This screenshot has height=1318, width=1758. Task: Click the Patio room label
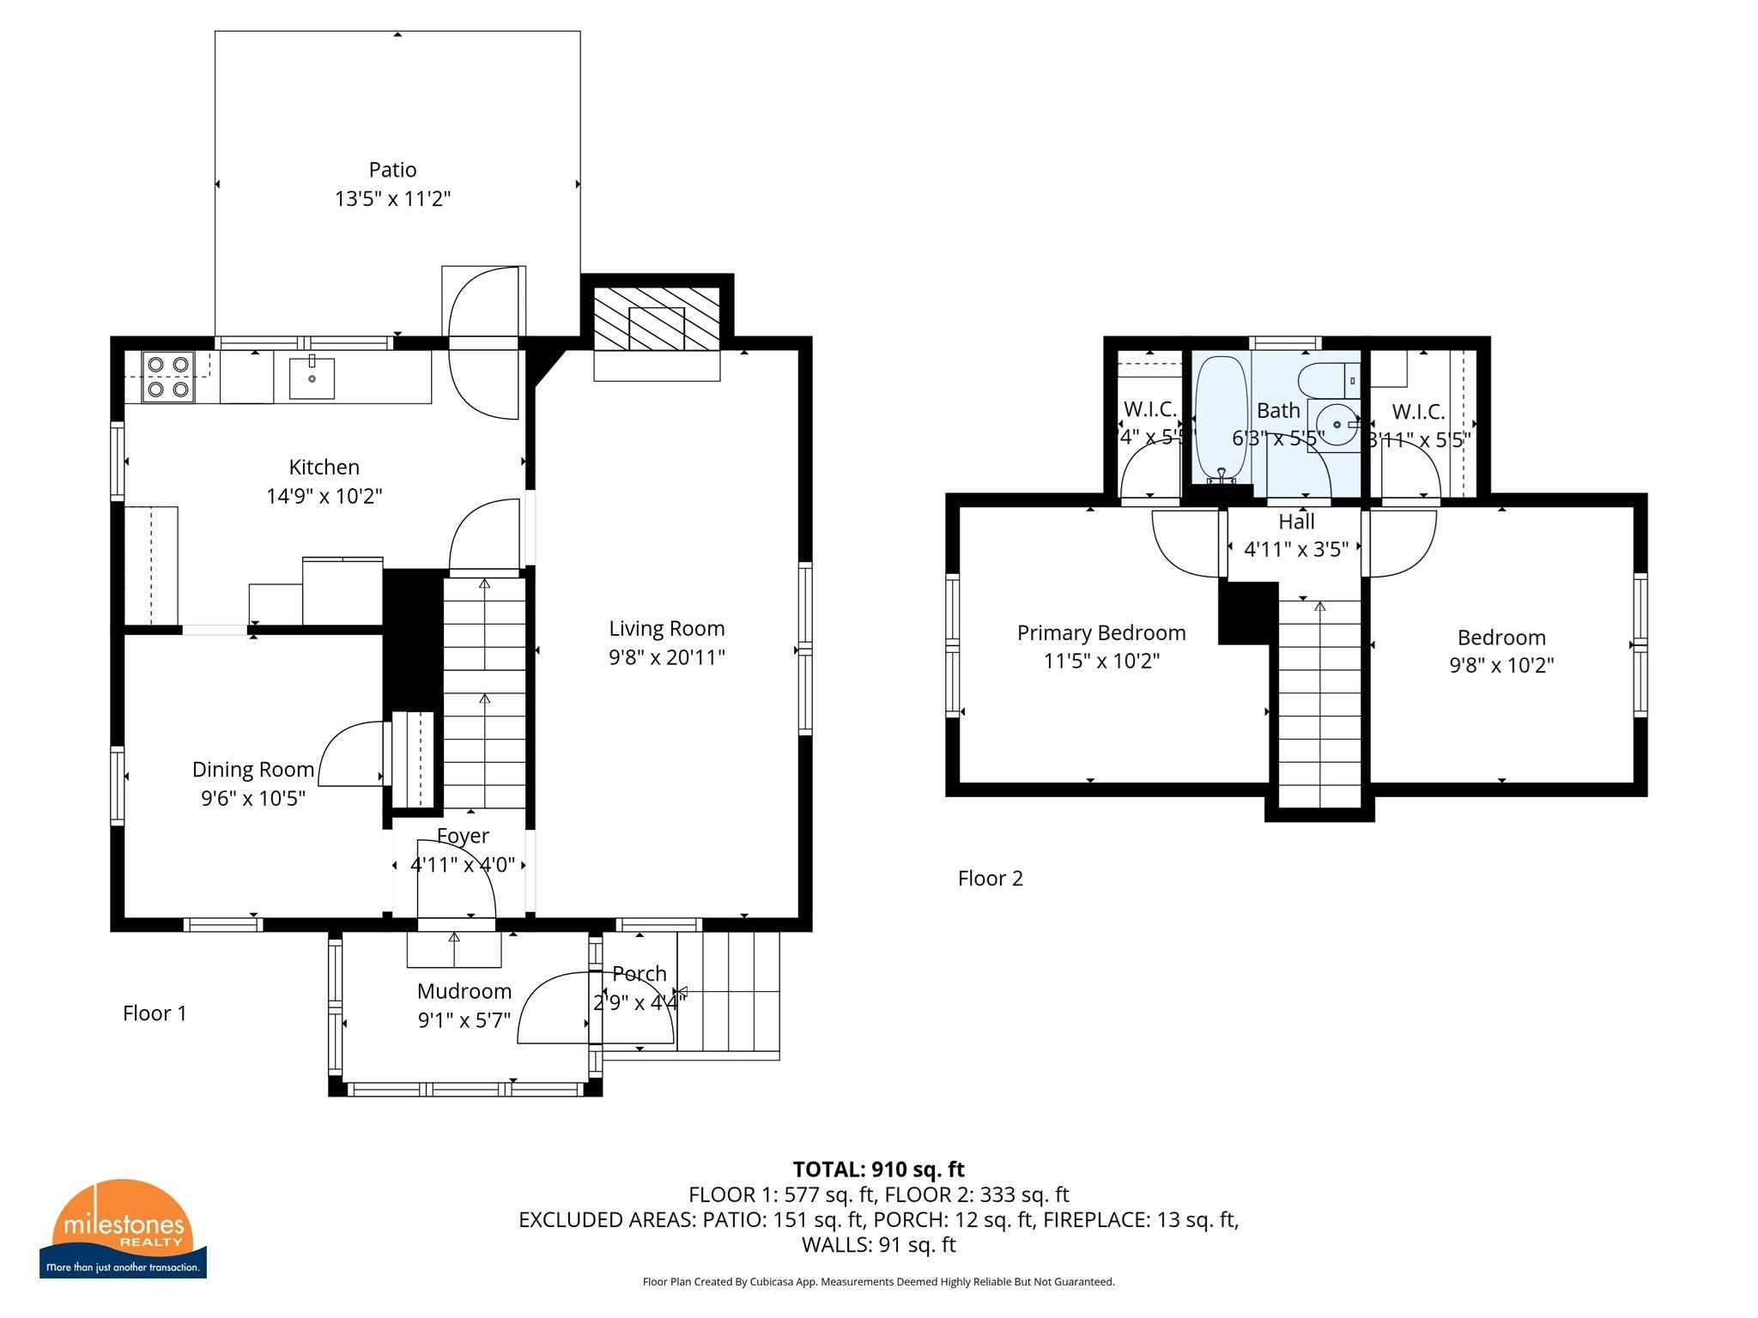click(392, 170)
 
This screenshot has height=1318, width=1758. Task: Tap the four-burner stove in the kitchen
click(168, 377)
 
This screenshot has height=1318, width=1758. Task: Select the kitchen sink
click(312, 378)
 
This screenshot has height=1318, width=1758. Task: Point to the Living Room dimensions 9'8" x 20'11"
click(667, 657)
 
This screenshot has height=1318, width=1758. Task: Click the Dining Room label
click(252, 770)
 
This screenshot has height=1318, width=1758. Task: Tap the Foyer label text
click(463, 836)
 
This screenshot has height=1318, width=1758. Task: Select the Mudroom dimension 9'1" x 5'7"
click(464, 1020)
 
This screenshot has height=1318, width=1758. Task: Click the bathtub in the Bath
click(1220, 418)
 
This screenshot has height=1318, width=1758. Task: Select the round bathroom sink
click(1335, 425)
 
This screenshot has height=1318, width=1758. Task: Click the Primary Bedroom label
click(1101, 633)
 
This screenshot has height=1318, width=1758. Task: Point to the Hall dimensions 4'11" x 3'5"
click(1296, 549)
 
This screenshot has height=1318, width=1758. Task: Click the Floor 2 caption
click(991, 879)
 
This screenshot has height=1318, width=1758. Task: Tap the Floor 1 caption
click(155, 1013)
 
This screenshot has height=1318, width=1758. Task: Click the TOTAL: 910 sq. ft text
click(878, 1170)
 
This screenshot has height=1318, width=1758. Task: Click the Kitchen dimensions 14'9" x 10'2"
click(324, 496)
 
